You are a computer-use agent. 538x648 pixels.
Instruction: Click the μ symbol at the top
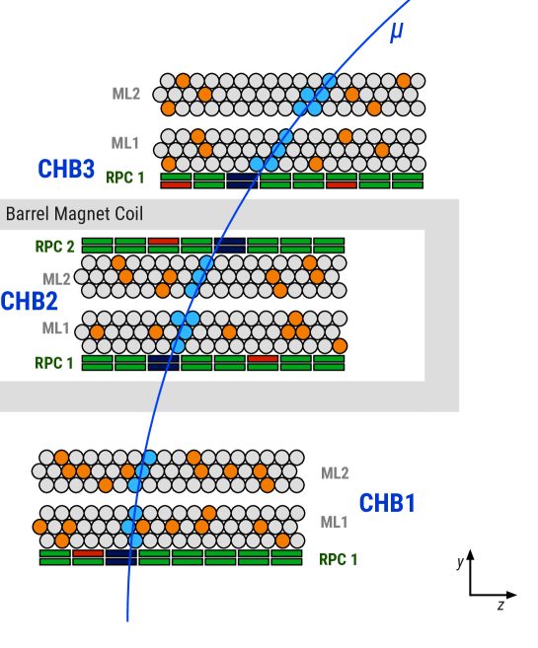[396, 32]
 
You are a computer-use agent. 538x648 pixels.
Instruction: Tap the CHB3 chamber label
[66, 170]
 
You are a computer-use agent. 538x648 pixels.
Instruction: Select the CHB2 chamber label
[28, 301]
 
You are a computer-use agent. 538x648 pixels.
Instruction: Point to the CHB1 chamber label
[387, 503]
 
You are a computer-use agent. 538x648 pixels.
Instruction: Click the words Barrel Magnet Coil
[74, 214]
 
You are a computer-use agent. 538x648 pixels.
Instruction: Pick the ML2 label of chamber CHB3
[125, 94]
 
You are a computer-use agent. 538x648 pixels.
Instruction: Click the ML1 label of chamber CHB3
[125, 143]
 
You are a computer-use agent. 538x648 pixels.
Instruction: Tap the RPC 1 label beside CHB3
[125, 179]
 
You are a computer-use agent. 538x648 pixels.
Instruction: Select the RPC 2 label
[54, 247]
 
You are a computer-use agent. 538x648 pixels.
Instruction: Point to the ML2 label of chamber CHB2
[56, 279]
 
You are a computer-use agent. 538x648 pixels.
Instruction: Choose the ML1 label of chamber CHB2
[56, 328]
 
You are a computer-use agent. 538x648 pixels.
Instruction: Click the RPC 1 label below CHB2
[54, 363]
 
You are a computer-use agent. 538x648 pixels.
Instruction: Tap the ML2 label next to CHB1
[335, 473]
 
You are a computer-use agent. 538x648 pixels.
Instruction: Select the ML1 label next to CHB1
[335, 522]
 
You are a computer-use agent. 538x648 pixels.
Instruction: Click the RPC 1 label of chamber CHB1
[338, 559]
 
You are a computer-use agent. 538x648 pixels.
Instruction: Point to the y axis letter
[460, 562]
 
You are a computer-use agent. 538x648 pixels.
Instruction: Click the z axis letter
[500, 605]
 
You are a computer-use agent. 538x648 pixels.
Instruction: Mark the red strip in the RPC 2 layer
[164, 241]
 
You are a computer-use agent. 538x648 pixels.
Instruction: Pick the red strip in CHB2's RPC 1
[263, 358]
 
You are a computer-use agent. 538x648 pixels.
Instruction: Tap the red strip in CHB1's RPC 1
[88, 553]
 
